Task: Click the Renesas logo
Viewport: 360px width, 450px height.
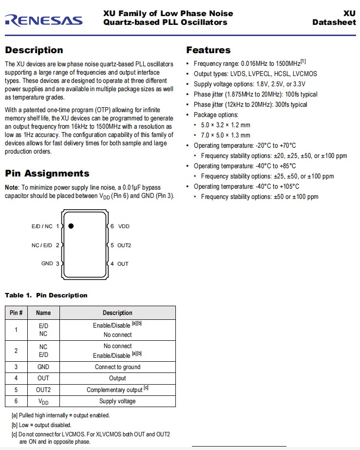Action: [x=43, y=20]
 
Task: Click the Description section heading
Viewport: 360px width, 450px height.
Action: [x=34, y=50]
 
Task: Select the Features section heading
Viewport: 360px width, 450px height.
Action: [x=208, y=50]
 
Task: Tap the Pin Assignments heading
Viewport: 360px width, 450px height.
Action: [x=47, y=174]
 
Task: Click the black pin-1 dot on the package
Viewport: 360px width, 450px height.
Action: [x=71, y=226]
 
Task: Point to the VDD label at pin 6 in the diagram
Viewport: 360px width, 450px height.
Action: [x=124, y=226]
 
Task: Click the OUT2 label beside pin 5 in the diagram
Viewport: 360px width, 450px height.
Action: [x=124, y=245]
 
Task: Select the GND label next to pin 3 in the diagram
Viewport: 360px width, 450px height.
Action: [x=47, y=264]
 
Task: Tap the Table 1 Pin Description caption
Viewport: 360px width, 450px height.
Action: [x=46, y=295]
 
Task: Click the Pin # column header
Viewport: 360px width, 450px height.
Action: [x=16, y=313]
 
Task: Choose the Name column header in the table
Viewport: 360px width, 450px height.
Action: [x=43, y=313]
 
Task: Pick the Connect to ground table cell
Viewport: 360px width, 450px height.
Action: [x=117, y=367]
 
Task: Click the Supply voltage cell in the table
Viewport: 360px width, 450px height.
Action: [x=117, y=401]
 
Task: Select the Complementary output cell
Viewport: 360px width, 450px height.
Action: [x=114, y=390]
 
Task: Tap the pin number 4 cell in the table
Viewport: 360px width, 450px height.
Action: [x=16, y=378]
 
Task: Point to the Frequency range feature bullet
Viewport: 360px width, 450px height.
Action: [x=249, y=63]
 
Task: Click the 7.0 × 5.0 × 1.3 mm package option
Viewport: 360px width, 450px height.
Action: [x=226, y=135]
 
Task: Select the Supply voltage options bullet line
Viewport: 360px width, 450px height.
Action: [x=249, y=84]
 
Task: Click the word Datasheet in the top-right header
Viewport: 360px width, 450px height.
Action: [x=334, y=22]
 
